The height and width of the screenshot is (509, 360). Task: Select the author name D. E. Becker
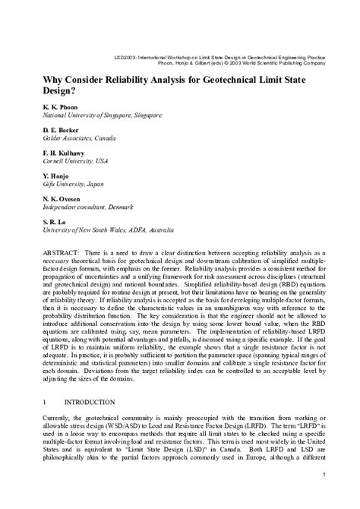tap(52, 131)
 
